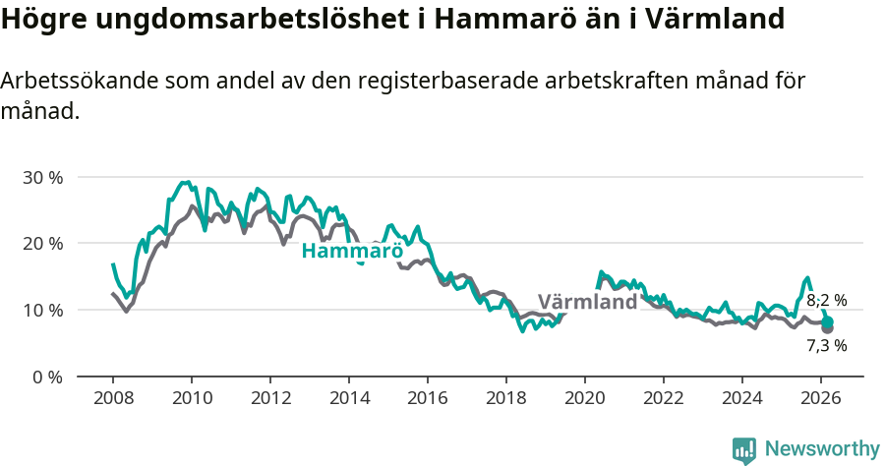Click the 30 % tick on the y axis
[42, 178]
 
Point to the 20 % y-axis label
[42, 244]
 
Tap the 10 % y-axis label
[42, 311]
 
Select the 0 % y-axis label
[47, 377]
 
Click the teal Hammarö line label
[352, 251]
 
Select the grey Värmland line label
[587, 302]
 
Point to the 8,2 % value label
[827, 301]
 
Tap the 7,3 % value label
[827, 346]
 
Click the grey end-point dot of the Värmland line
[828, 328]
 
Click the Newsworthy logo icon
[744, 450]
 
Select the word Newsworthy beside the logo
[821, 449]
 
